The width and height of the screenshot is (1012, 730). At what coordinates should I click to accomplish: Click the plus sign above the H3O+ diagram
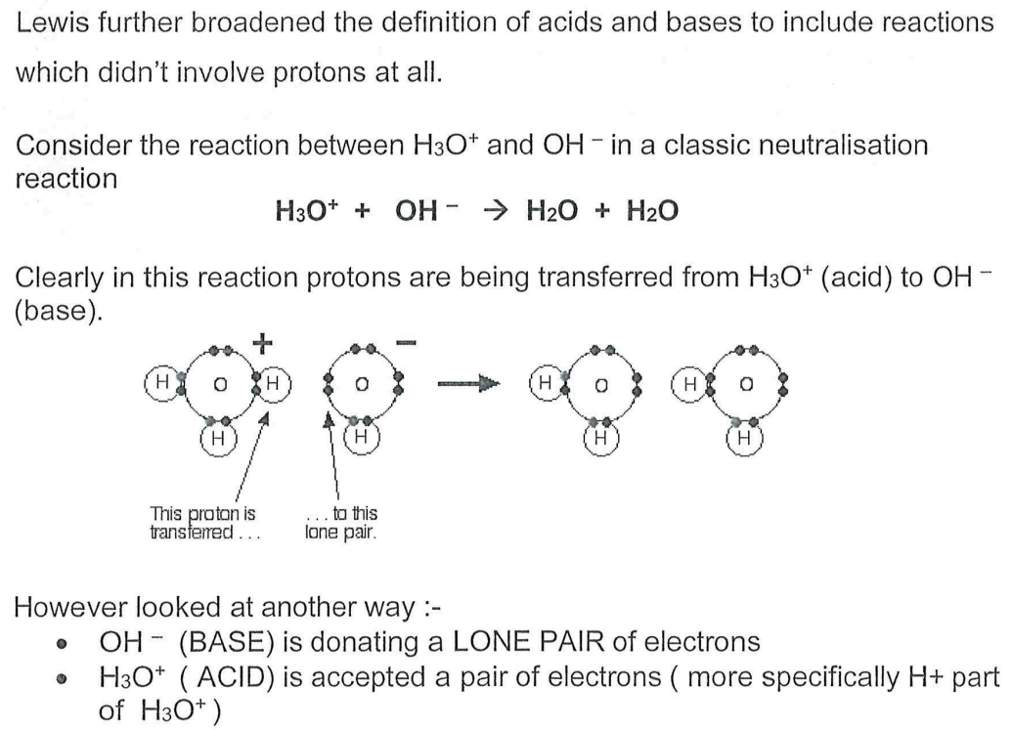pyautogui.click(x=263, y=345)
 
